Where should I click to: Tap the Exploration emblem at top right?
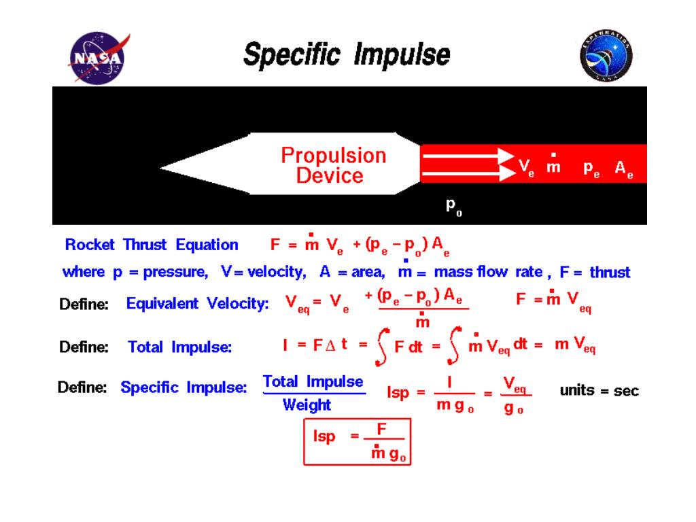(606, 56)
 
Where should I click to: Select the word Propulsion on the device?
(333, 156)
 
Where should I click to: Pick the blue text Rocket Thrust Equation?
(151, 245)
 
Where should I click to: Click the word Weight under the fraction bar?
(307, 405)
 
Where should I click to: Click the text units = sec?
(599, 391)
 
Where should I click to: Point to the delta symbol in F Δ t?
(330, 345)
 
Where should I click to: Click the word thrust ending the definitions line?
(610, 273)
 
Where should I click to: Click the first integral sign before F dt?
(383, 348)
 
